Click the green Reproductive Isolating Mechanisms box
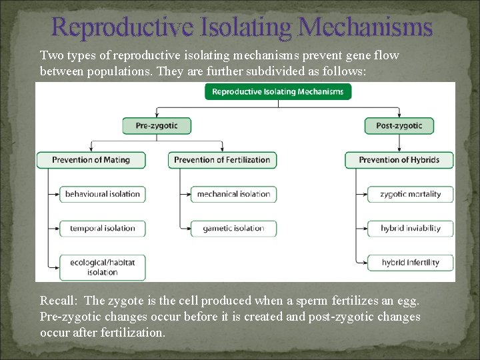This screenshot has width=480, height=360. tap(278, 91)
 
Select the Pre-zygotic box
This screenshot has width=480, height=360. tap(157, 125)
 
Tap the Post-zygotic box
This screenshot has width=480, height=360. tap(399, 125)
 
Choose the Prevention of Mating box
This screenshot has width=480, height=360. tap(91, 160)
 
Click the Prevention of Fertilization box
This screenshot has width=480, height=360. tap(223, 160)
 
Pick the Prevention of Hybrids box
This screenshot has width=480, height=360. tap(399, 160)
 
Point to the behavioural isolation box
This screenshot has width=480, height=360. tap(103, 194)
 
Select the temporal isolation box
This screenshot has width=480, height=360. tap(103, 228)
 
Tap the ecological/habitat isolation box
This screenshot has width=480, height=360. tap(103, 267)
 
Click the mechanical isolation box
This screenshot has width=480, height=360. tap(233, 194)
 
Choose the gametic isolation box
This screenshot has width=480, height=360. tap(233, 228)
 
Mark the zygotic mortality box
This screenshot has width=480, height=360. tap(410, 194)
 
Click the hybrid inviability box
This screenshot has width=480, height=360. tap(410, 228)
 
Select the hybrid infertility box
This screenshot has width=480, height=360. tap(410, 262)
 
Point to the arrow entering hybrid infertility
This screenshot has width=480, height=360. tap(362, 262)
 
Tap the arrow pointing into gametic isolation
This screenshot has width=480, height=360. tap(186, 228)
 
